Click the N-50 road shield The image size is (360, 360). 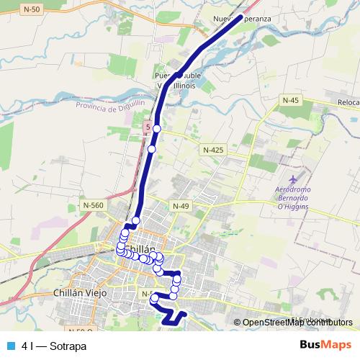pos(31,9)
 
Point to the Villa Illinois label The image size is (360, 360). pos(176,85)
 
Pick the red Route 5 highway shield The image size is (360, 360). pos(148,127)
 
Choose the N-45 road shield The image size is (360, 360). pos(290,100)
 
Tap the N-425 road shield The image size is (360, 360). pos(213,150)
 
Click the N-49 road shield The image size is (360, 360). pos(180,206)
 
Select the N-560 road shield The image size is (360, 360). pos(93,205)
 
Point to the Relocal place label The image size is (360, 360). pos(347,103)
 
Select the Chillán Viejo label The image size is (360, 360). pos(81,293)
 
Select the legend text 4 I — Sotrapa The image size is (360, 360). pos(54,346)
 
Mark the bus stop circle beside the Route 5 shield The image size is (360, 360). pos(156,128)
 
